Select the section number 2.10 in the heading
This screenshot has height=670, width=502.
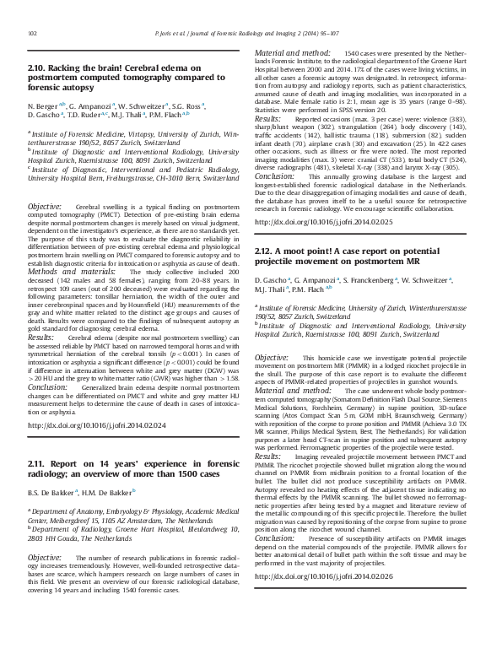(37, 67)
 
